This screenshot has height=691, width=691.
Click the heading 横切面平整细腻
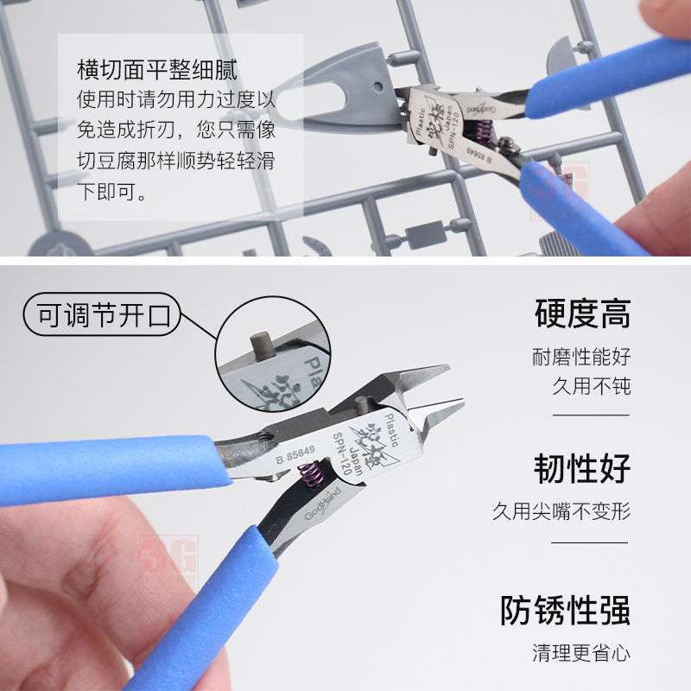click(157, 69)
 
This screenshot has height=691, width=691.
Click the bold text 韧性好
click(581, 468)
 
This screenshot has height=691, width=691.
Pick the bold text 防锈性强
click(565, 610)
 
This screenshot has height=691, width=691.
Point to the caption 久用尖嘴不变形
click(561, 510)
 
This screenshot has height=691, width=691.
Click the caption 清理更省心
click(580, 651)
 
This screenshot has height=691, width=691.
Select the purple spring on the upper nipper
click(483, 132)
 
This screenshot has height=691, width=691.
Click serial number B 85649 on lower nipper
click(296, 453)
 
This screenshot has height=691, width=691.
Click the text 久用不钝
click(592, 385)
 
